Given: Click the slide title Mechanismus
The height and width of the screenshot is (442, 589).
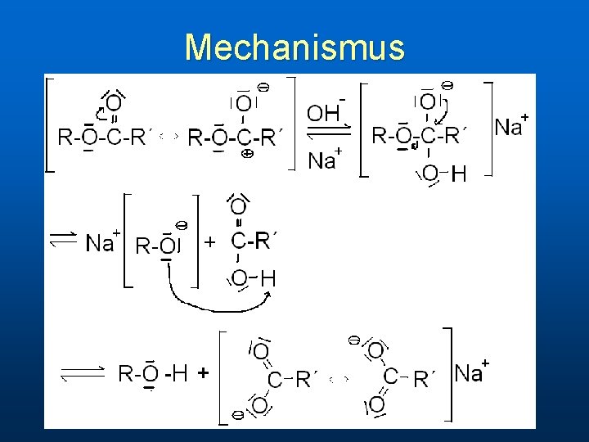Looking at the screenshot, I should point(294,47).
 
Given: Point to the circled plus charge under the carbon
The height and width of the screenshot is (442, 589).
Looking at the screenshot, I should point(247,153).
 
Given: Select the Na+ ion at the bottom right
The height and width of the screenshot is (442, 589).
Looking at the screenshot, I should point(471,373).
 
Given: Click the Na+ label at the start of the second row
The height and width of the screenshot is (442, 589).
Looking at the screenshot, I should point(103,242).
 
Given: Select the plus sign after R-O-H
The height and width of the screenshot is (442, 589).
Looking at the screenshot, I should point(203,373).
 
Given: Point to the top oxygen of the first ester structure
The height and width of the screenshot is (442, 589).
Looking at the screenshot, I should point(114,102).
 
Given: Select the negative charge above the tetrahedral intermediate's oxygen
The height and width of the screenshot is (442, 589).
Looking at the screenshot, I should point(447,84).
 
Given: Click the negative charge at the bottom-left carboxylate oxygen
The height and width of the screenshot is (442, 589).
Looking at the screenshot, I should point(236,415).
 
